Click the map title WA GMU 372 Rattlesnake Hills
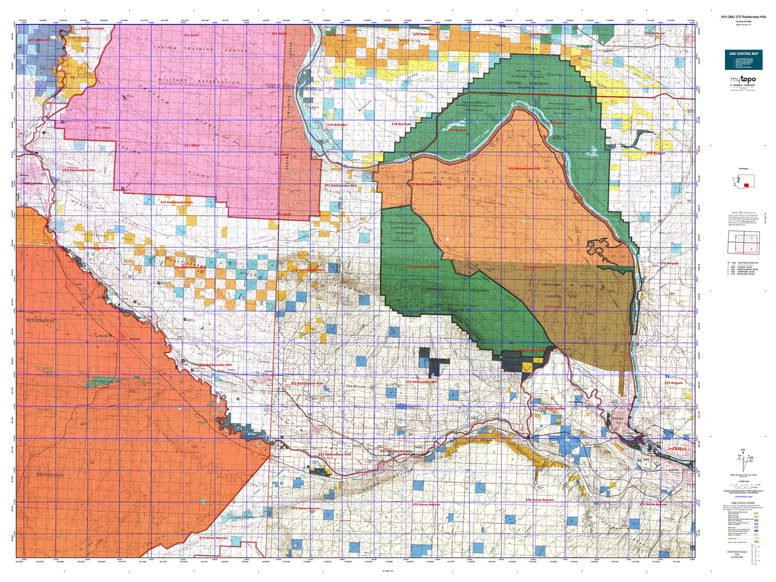point(743,17)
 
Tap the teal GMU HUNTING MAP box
point(743,59)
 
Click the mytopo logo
point(743,81)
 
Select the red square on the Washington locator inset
point(746,185)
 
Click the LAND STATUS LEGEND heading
point(743,503)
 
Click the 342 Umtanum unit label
point(38,40)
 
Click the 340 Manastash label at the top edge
point(92,28)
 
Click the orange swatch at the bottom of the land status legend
point(757,542)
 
